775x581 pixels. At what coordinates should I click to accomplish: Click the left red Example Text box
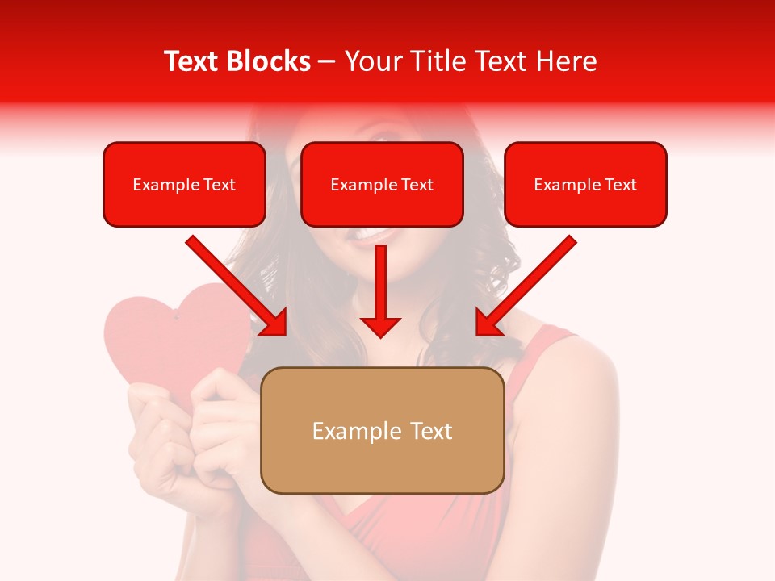pos(184,184)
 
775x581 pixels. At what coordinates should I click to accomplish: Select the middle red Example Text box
pos(382,184)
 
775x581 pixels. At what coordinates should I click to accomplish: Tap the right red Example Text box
pos(585,184)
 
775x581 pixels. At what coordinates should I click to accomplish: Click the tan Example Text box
pos(383,430)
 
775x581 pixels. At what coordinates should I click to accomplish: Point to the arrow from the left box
pos(234,283)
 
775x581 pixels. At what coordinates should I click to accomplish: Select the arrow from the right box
pos(529,283)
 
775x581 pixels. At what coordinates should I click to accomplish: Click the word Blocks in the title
pos(270,61)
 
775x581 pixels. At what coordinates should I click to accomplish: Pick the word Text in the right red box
pos(620,185)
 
